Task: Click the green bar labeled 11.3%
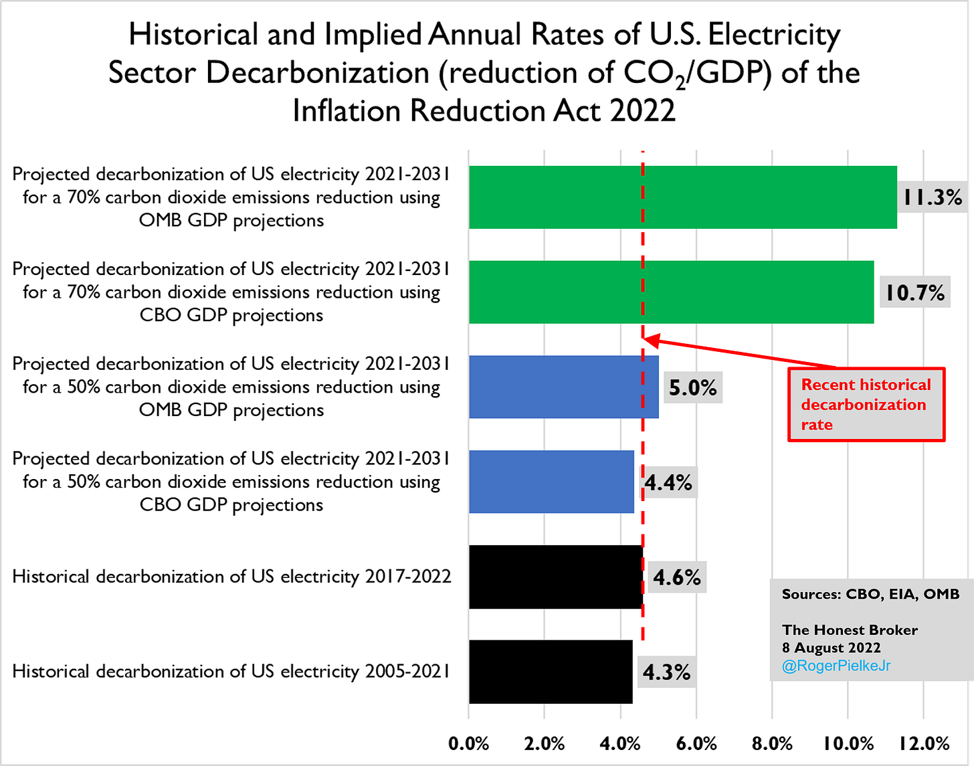682,197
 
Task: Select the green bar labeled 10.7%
671,292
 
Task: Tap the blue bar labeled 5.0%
563,387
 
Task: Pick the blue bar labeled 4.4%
551,482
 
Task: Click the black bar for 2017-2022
555,577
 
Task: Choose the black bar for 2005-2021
551,672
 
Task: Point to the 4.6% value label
676,577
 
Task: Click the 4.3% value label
666,672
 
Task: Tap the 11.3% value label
932,197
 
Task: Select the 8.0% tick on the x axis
773,744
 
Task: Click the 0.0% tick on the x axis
469,744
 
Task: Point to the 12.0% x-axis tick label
924,744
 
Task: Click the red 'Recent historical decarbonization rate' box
866,404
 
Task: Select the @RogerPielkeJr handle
836,666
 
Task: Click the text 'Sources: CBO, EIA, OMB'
870,594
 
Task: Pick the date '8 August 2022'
831,648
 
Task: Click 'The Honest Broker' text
850,630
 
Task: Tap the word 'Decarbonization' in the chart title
317,72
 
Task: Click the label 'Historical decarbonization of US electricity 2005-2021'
231,671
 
